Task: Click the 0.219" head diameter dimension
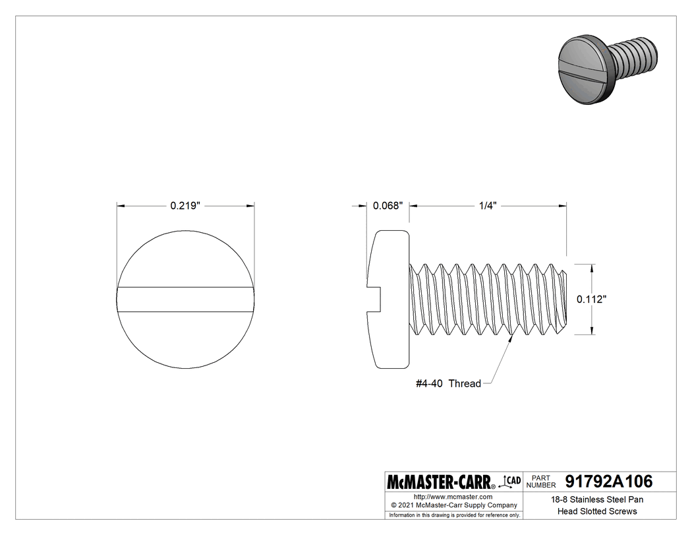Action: pos(185,206)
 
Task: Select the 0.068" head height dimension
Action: pos(388,206)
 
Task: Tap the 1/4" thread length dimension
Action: pos(487,206)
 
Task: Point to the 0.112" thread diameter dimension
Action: pos(591,299)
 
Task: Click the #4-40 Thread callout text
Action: pos(448,383)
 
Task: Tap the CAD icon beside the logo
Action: pos(511,481)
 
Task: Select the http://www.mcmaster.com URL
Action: pos(453,496)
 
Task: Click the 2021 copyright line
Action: pos(453,505)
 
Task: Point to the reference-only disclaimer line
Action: pos(454,515)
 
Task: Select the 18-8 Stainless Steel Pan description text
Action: pos(597,500)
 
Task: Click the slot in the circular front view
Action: pos(186,299)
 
